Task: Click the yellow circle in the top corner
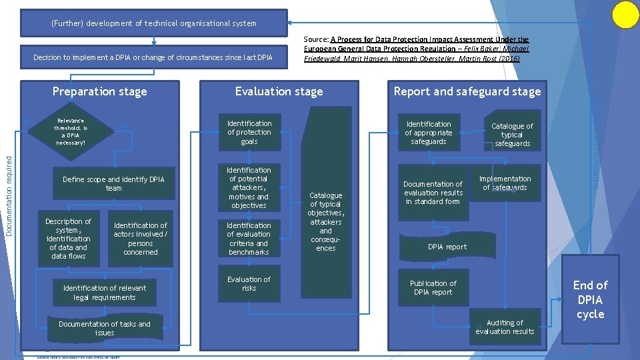tap(625, 15)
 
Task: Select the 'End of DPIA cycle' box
tap(590, 299)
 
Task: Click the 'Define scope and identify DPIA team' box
tap(113, 183)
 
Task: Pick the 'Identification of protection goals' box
tap(249, 132)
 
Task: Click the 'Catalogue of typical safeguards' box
tap(512, 134)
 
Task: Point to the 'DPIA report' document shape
tap(447, 247)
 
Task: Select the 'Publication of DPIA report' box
tap(433, 288)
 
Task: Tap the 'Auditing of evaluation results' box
tap(505, 327)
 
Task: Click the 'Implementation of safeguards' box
tap(505, 183)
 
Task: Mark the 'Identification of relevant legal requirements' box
tap(104, 293)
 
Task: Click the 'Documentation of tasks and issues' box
tap(104, 328)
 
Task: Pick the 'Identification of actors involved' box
tap(140, 239)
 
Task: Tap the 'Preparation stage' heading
tap(99, 91)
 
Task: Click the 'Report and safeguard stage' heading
tap(467, 91)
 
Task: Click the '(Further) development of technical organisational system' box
tap(153, 23)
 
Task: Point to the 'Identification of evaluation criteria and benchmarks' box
tap(249, 239)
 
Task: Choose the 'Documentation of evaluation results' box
tap(433, 193)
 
